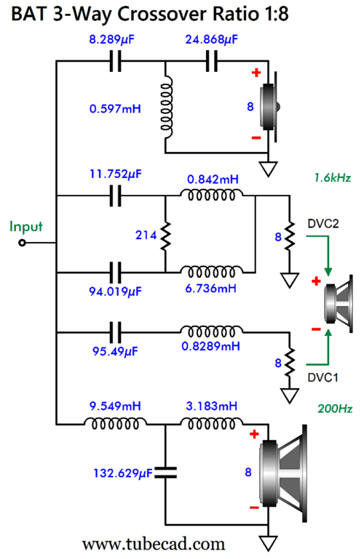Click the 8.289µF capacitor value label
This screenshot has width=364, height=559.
point(111,39)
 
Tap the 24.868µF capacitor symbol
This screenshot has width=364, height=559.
point(212,61)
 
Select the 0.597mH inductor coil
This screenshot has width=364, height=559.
point(166,108)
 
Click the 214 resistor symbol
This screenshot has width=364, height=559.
point(165,235)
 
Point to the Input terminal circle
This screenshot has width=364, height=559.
point(22,243)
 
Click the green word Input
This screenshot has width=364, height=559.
point(25,227)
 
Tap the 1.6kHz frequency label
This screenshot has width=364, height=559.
point(333,177)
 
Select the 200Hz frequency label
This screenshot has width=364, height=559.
point(335,409)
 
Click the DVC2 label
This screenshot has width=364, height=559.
point(323,224)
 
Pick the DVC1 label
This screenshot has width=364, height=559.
point(323,377)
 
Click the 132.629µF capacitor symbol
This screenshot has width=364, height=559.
point(165,472)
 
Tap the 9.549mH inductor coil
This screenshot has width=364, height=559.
point(115,423)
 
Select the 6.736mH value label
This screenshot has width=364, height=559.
point(210,288)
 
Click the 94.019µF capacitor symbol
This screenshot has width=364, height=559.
point(115,273)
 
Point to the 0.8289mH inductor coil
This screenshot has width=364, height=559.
point(212,331)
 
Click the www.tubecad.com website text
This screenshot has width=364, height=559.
point(154,544)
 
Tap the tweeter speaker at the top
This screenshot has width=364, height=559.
point(269,107)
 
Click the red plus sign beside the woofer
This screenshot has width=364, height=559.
point(254,434)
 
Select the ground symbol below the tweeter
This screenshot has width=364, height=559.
point(268,169)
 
